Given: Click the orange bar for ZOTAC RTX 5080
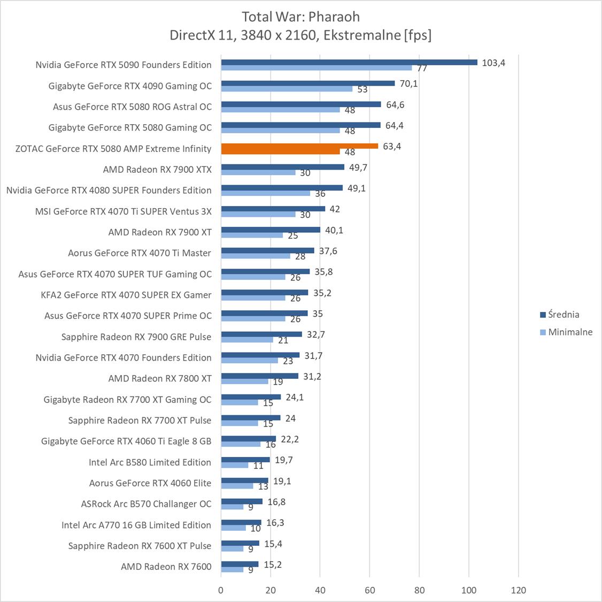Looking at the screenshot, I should (x=299, y=146).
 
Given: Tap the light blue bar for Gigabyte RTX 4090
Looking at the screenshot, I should (x=287, y=89).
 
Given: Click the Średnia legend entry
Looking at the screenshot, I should (x=563, y=315).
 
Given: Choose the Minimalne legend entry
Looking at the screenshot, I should (x=570, y=332).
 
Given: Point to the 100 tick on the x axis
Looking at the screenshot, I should (x=469, y=590).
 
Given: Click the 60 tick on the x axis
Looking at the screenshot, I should (x=369, y=590).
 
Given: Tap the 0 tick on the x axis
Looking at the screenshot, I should (x=221, y=590).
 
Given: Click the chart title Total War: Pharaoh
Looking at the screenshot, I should (x=300, y=16).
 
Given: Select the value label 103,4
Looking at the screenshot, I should (x=493, y=63).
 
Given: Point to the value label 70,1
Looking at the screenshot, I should (x=408, y=83).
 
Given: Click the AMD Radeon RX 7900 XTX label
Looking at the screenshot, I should (x=157, y=170).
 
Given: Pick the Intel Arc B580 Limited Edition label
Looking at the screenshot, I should (x=150, y=462).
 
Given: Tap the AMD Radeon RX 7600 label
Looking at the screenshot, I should (x=166, y=567).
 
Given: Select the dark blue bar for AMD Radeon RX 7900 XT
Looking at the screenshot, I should (x=271, y=230).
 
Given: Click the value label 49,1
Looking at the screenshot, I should (x=357, y=188).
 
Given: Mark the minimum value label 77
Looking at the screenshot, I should (x=422, y=68).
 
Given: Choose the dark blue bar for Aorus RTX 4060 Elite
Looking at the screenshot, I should (x=244, y=481).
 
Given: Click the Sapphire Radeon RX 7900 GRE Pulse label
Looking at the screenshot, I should (x=136, y=337).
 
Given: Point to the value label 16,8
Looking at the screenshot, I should (x=276, y=502).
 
